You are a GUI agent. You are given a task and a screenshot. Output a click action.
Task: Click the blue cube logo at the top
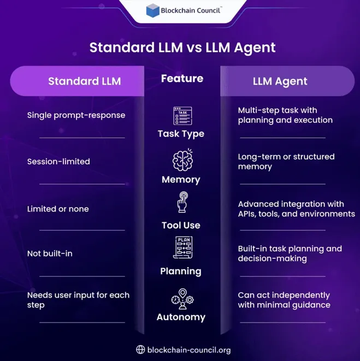(153, 10)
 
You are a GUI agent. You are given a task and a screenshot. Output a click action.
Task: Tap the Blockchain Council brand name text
(191, 10)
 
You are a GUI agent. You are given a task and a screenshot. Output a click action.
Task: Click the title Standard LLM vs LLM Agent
(182, 48)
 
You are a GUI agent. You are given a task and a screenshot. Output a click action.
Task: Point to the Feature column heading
(182, 79)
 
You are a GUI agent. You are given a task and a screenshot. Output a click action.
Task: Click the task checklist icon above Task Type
(182, 116)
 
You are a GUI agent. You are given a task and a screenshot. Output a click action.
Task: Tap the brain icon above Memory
(182, 160)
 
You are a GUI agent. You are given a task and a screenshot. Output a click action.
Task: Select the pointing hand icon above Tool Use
(182, 202)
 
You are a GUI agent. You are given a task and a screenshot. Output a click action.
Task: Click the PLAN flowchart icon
(183, 247)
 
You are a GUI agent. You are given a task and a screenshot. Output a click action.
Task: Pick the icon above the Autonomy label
(182, 299)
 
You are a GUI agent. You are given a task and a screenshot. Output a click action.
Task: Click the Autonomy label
(181, 317)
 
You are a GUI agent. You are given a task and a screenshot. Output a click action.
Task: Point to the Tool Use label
(181, 226)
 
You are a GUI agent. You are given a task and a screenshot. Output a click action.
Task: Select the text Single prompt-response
(76, 115)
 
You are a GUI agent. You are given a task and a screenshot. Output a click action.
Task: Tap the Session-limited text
(58, 162)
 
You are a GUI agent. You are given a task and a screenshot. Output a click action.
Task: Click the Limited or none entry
(58, 209)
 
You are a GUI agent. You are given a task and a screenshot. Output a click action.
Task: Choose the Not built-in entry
(50, 253)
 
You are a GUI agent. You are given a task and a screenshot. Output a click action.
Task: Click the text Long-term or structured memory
(286, 162)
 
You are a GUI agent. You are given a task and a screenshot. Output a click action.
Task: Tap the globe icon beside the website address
(140, 350)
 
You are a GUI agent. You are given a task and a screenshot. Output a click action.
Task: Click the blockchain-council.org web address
(189, 350)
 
